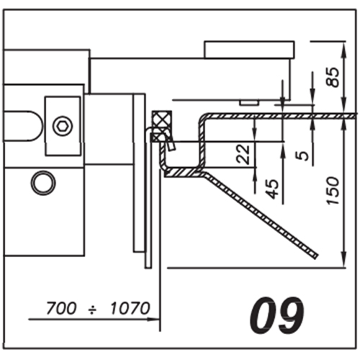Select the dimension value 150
point(334,191)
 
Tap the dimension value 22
point(244,154)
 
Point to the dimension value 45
point(274,189)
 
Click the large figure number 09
point(276,315)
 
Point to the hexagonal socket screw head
point(63,126)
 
